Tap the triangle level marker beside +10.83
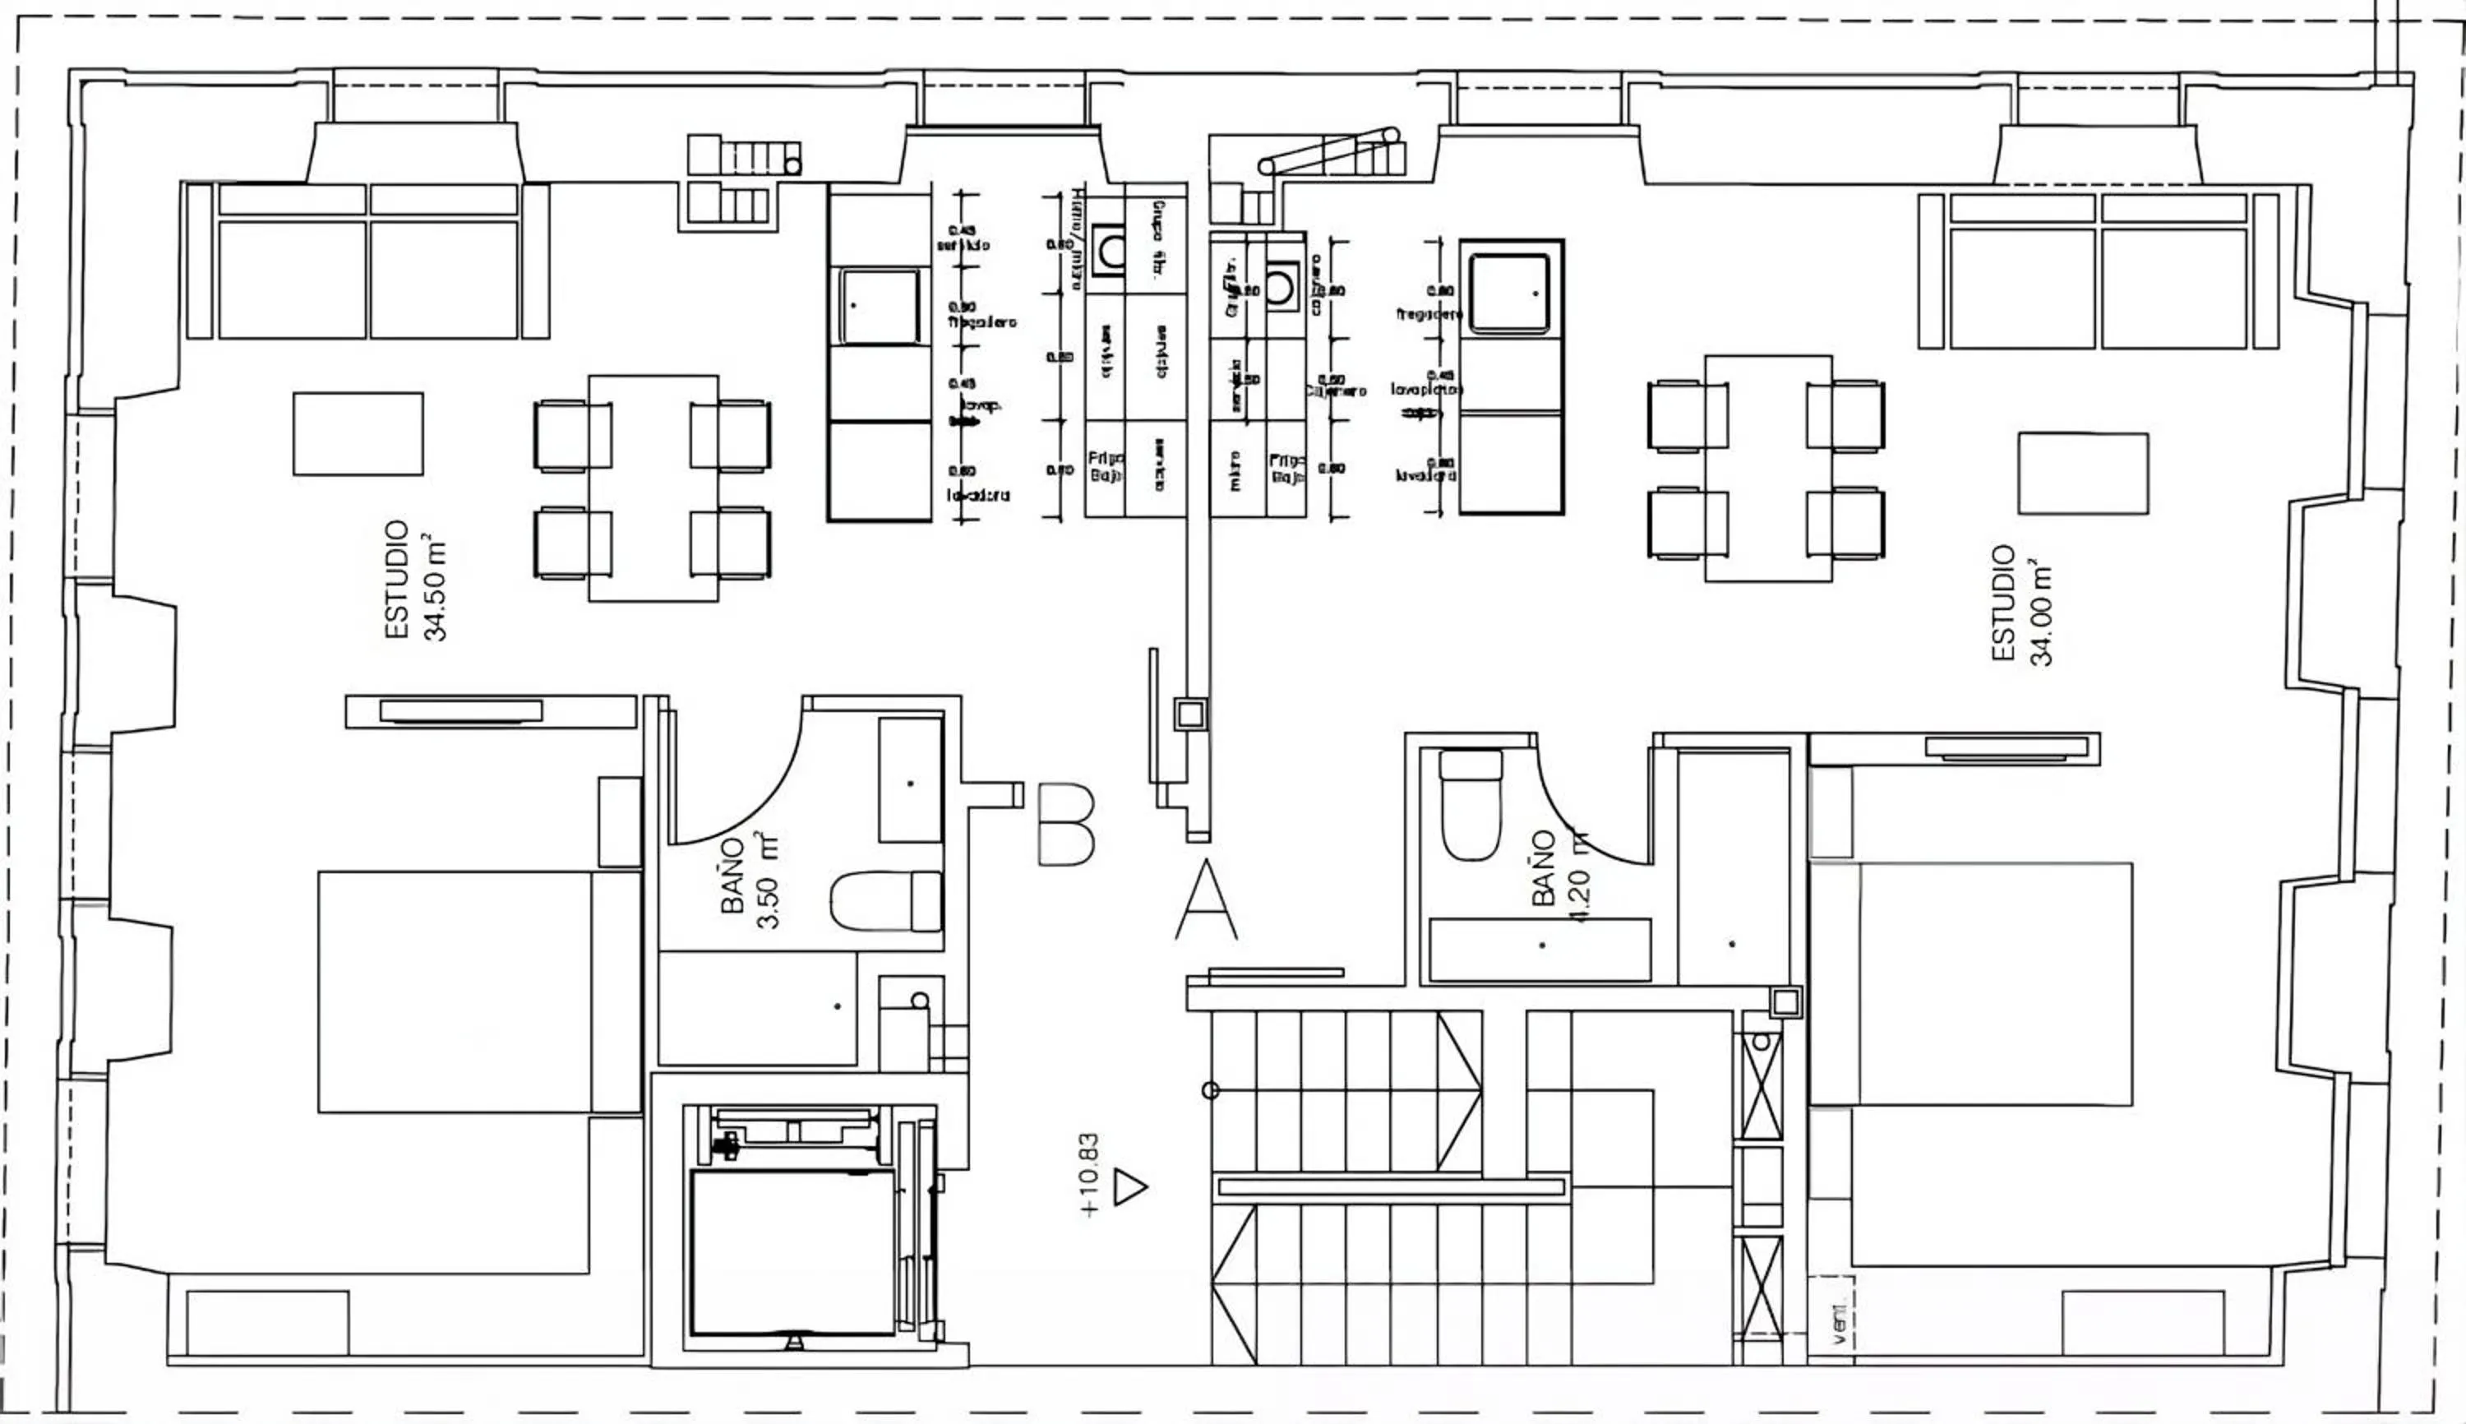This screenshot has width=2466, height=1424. coord(1129,1187)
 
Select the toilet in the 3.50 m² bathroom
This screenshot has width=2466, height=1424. coord(885,901)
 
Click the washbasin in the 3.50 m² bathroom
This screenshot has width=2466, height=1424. coord(910,780)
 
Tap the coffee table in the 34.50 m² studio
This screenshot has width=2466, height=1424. coord(358,434)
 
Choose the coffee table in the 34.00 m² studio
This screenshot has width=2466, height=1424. coord(2083,474)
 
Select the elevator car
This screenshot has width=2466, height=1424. coord(792,1252)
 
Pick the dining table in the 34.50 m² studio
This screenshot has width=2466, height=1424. coord(653,488)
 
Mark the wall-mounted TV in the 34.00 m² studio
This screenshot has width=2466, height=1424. coord(2007,749)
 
